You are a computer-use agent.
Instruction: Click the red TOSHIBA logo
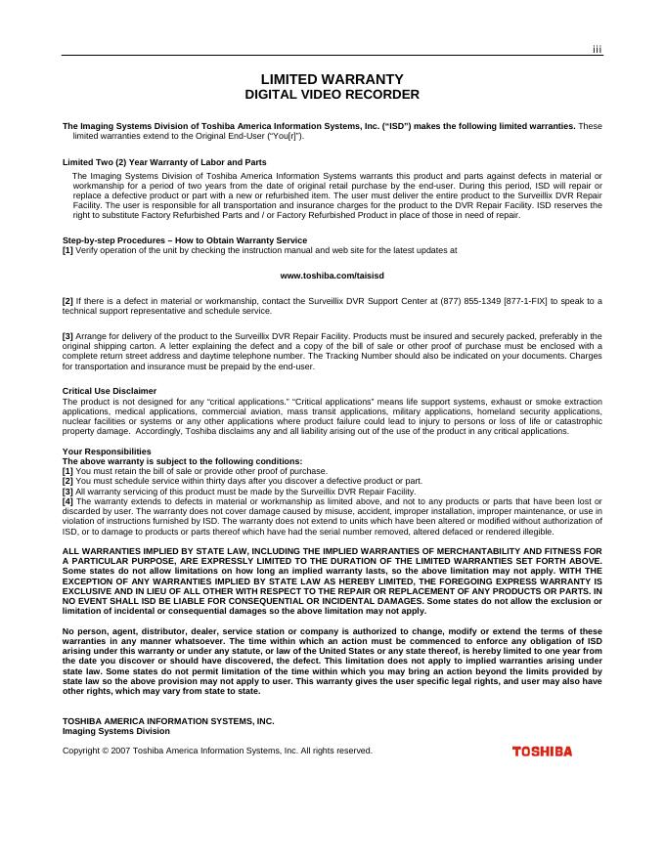tap(542, 752)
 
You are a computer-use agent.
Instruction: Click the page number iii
tap(597, 50)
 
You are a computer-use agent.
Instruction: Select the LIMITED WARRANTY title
tap(332, 79)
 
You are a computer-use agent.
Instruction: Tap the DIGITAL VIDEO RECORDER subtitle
tap(332, 95)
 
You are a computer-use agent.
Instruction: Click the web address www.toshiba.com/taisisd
tap(332, 276)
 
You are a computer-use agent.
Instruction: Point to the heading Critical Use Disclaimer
tap(110, 391)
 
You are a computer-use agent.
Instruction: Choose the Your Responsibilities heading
tap(107, 451)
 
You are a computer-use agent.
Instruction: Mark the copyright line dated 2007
tap(217, 751)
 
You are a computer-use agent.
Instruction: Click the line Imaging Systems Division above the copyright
tap(116, 731)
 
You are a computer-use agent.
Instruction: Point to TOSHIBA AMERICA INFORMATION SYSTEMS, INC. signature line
tap(168, 721)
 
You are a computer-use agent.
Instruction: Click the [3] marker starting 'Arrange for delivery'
tap(67, 336)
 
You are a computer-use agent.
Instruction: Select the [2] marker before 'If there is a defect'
tap(67, 301)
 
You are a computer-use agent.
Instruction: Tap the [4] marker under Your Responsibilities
tap(67, 501)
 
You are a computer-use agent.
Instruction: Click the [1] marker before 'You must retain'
tap(67, 471)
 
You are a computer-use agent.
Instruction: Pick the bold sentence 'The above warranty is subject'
tap(182, 461)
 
